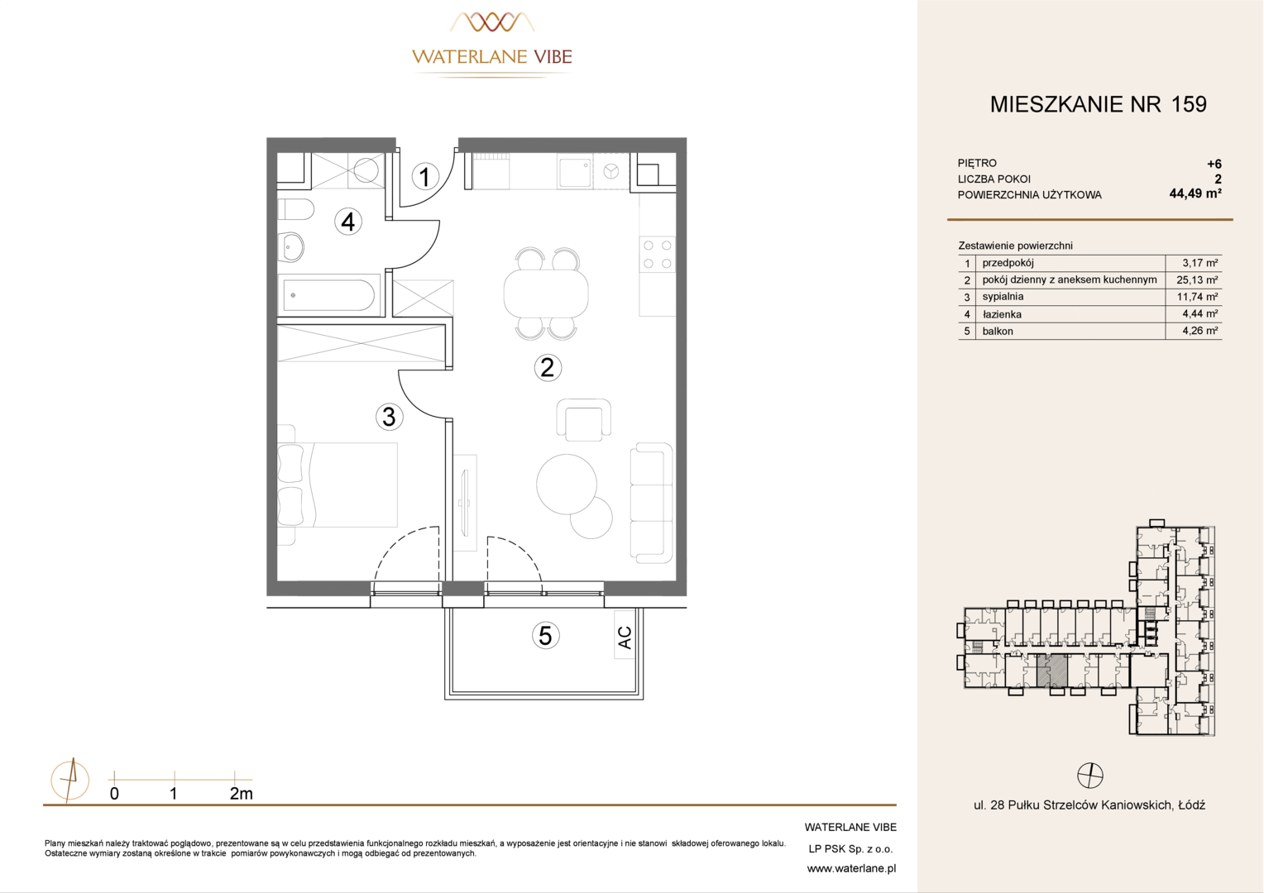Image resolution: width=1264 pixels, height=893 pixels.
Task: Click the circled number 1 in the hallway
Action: click(x=425, y=176)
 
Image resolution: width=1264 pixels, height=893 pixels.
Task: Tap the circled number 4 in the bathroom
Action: click(x=348, y=222)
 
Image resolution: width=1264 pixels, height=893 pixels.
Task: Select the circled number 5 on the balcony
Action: click(x=545, y=636)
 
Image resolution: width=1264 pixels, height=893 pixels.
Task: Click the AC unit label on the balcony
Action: click(x=624, y=638)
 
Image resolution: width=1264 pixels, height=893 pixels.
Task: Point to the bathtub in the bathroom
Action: click(x=329, y=294)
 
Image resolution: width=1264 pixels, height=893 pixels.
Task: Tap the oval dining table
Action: click(x=546, y=294)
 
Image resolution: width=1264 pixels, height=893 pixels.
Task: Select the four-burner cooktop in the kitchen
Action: click(x=658, y=254)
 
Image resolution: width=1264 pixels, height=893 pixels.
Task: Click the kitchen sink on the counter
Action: click(x=574, y=172)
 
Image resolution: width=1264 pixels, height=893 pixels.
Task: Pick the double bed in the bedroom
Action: click(x=338, y=485)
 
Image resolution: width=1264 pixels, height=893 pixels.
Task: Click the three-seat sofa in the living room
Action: click(x=651, y=503)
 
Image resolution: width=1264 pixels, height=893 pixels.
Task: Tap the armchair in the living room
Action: click(x=583, y=420)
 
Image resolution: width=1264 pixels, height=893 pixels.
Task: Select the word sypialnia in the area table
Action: click(x=1003, y=297)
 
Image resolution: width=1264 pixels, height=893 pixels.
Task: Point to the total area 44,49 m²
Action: click(x=1195, y=193)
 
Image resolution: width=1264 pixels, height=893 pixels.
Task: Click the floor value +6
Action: click(x=1214, y=165)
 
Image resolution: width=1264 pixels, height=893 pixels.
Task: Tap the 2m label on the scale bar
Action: click(x=242, y=794)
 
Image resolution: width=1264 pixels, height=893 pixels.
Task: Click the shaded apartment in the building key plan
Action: click(x=1052, y=671)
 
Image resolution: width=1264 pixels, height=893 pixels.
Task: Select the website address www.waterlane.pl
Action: click(x=851, y=869)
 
